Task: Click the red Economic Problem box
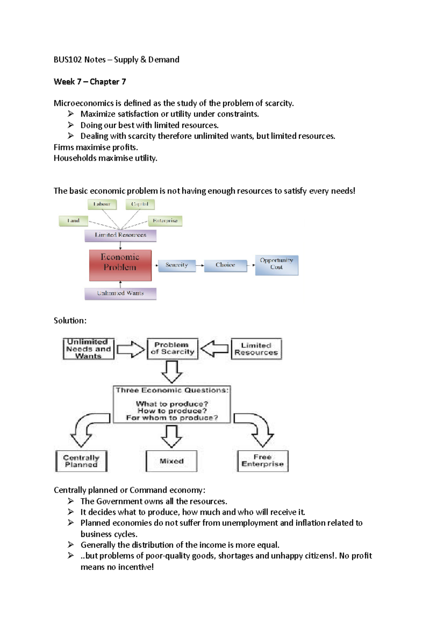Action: pos(120,265)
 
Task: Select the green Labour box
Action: pos(102,204)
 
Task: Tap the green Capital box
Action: pos(140,204)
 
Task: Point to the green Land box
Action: pos(73,221)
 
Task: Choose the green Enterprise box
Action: pos(165,221)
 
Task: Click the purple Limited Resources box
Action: pos(120,235)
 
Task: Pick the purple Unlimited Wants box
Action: pos(120,293)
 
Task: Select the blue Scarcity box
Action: pos(177,265)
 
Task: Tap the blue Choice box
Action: pos(225,265)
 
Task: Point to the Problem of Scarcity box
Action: pos(172,349)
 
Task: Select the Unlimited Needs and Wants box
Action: pos(88,349)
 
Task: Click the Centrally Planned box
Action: pos(81,461)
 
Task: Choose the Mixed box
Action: pos(172,461)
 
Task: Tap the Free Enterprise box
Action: pos(263,461)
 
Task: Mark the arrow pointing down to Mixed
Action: pos(172,436)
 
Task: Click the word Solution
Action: pos(69,321)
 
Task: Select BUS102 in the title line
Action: pos(68,60)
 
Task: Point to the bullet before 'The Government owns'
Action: pos(71,501)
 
